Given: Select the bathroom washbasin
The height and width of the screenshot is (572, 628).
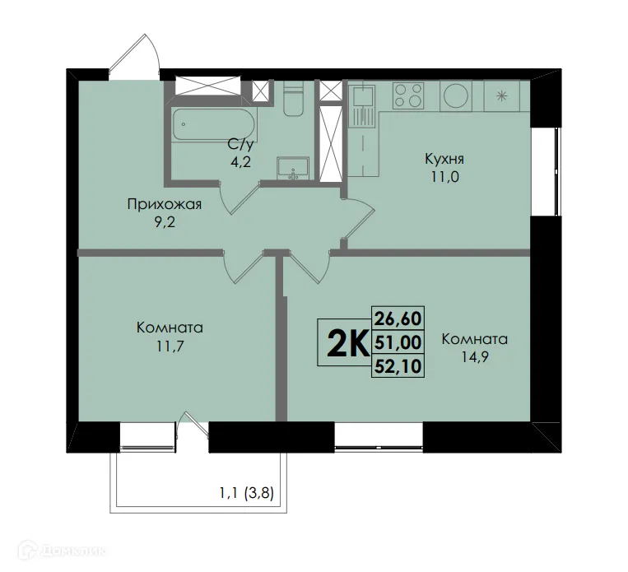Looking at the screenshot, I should pos(293,167).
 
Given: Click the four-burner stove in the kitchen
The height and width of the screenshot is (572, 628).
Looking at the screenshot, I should pos(409,95).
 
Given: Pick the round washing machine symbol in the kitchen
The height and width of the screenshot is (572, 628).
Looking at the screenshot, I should pos(456,95).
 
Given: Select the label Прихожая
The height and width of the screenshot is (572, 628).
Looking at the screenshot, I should pos(165,204).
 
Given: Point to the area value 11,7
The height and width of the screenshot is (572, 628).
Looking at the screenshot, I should pos(170,346).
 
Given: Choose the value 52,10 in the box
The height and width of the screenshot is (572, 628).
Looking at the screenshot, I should pos(398,365).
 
